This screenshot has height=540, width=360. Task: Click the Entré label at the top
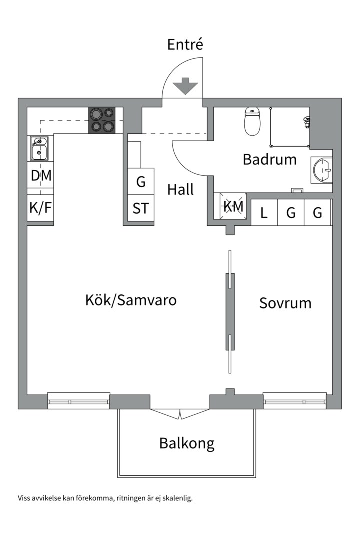tap(185, 45)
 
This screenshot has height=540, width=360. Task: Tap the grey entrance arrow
tap(185, 86)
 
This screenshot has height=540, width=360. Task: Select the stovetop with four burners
tap(102, 120)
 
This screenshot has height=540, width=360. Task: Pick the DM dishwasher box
tap(40, 175)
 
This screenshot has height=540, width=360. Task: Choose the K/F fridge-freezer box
tap(40, 208)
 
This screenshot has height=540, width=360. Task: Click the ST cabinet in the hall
tap(141, 208)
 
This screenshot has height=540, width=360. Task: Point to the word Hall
tap(180, 190)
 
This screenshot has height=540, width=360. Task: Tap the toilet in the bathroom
tap(252, 121)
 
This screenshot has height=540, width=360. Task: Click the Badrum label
tap(269, 160)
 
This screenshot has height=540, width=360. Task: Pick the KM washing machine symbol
tap(233, 206)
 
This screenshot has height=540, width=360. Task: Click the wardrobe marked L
tap(264, 213)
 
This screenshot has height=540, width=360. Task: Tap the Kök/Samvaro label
tap(131, 300)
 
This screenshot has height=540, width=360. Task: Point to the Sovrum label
tap(285, 303)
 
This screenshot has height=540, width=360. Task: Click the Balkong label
tap(187, 443)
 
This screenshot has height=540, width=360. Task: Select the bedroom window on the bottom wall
tap(295, 400)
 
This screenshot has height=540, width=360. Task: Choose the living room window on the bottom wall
tap(79, 400)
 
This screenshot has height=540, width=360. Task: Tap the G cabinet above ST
tap(141, 181)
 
